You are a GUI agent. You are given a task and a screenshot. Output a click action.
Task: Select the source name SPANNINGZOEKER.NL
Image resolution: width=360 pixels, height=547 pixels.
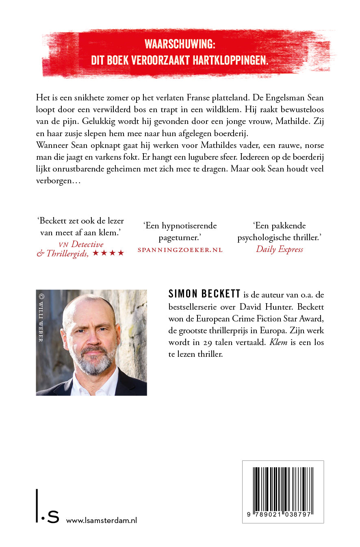coord(180,250)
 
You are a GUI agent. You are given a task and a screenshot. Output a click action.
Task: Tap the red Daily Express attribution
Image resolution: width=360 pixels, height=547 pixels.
coord(280,250)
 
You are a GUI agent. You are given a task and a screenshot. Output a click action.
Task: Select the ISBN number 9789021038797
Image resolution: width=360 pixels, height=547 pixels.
coord(283,514)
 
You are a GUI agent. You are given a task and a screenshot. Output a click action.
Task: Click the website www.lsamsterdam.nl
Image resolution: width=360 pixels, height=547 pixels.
coord(101,521)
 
